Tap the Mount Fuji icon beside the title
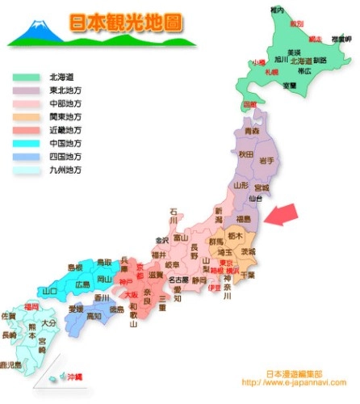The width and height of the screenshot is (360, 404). (38, 31)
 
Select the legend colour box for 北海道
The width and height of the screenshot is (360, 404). (25, 78)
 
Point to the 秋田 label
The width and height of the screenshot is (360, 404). (245, 154)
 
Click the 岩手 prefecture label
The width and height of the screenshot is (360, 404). (268, 162)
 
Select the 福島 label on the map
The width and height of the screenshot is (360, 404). (242, 218)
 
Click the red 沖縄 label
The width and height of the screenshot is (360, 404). (73, 377)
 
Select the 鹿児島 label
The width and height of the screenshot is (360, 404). (10, 365)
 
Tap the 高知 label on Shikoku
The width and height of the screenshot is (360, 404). (94, 315)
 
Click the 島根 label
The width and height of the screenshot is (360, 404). (74, 267)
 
